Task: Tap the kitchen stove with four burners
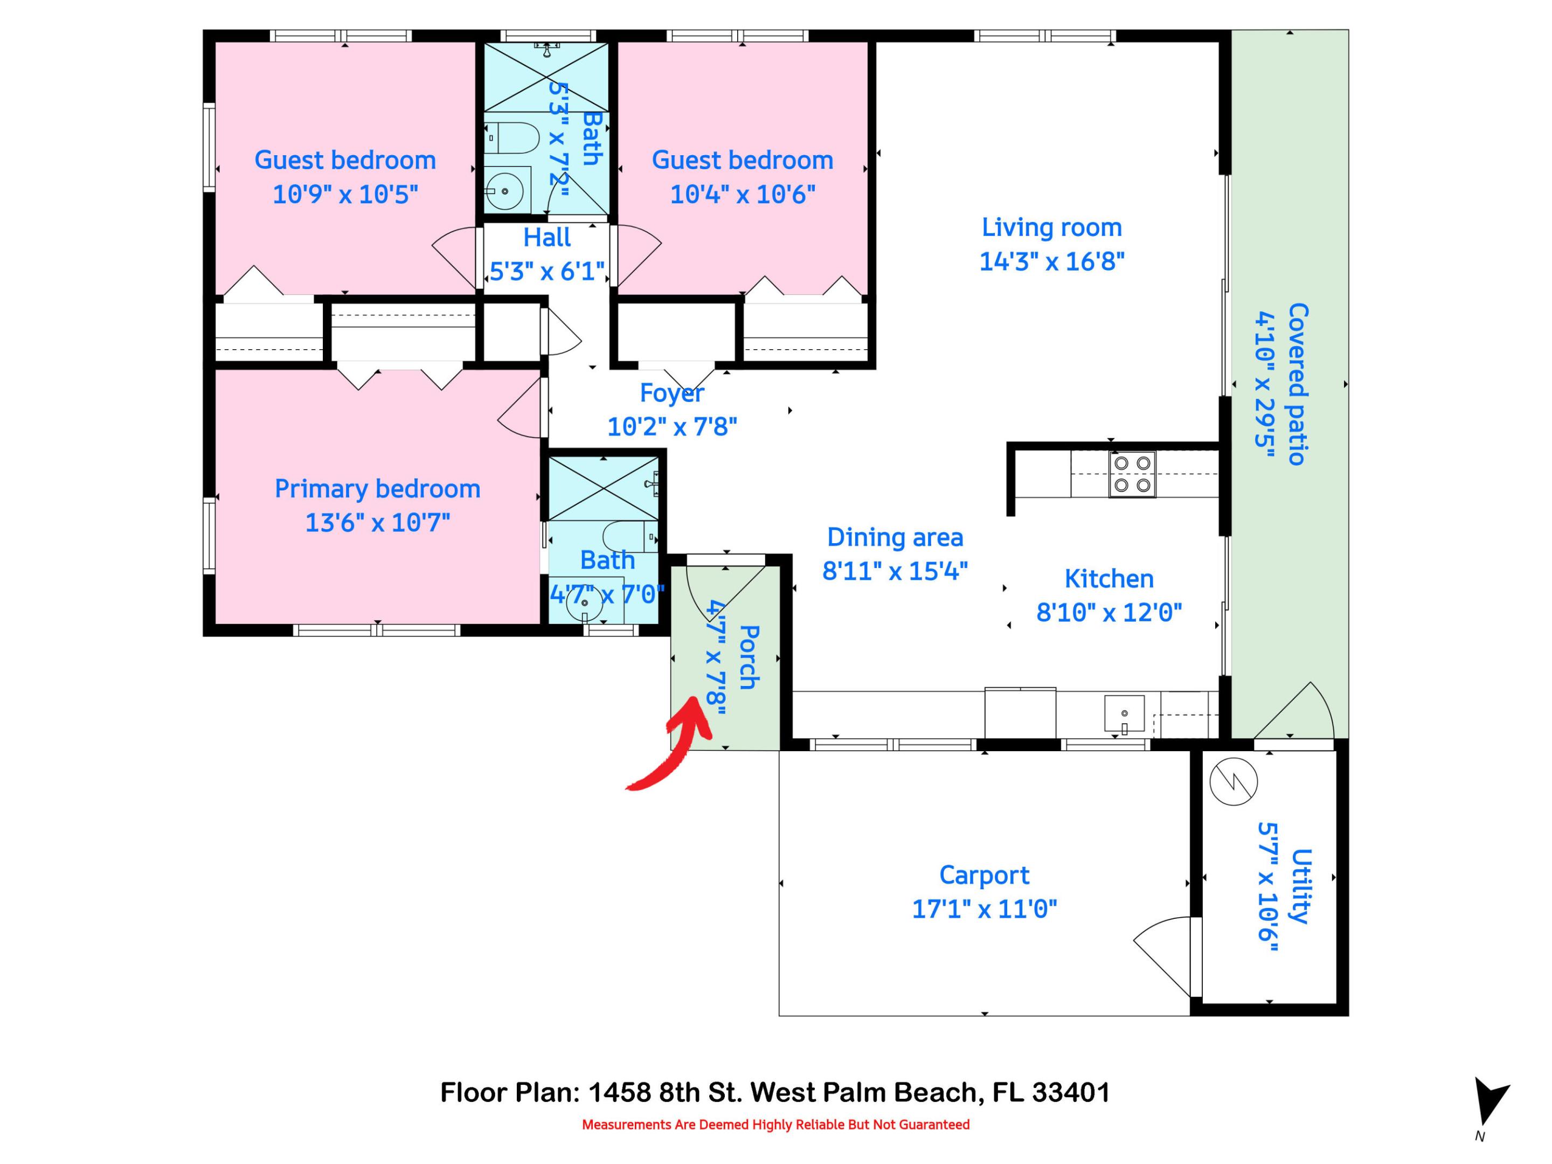tap(1132, 474)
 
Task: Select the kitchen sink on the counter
tap(1124, 714)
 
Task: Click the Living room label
tap(1051, 227)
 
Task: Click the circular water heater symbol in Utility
tap(1234, 781)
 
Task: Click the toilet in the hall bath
tap(512, 138)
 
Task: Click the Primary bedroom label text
tap(377, 489)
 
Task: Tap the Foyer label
tap(671, 393)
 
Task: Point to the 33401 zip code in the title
tap(1071, 1092)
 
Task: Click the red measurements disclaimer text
tap(775, 1125)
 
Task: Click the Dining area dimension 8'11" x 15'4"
tap(895, 571)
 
